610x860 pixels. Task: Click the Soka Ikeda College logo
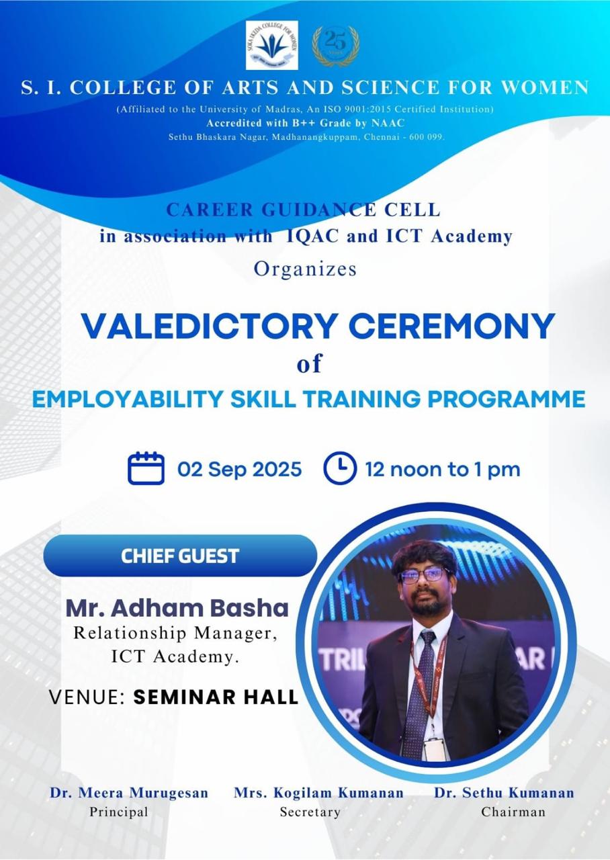click(272, 45)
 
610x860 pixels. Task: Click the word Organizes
click(305, 269)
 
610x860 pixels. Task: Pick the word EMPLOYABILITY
click(128, 399)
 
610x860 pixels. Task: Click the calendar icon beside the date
click(146, 468)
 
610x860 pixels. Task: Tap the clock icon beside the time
click(340, 468)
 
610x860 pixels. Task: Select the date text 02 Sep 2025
click(240, 469)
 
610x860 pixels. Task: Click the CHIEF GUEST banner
click(181, 556)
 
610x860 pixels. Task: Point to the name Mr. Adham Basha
click(177, 608)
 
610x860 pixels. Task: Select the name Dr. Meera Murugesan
click(129, 793)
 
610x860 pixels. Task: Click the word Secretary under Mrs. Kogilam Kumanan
click(310, 812)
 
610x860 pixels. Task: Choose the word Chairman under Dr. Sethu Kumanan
click(513, 812)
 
